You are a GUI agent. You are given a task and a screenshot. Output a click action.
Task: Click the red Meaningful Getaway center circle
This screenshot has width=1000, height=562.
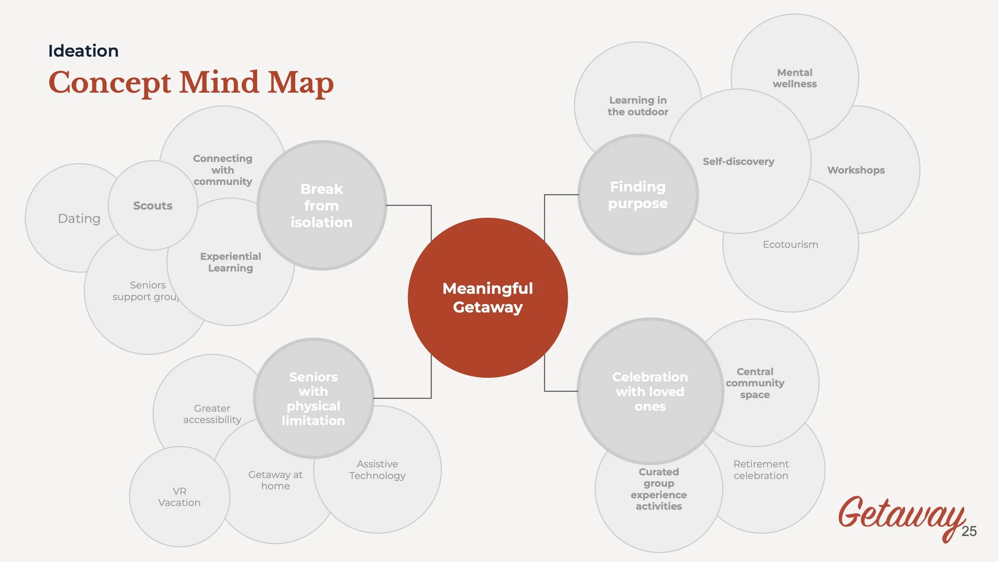pyautogui.click(x=488, y=298)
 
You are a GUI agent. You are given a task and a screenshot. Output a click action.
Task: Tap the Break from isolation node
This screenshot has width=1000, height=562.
pyautogui.click(x=322, y=205)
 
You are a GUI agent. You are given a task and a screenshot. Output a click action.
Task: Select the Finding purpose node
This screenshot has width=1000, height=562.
pyautogui.click(x=638, y=195)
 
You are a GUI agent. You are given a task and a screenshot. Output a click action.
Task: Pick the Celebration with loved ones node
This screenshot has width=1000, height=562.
pyautogui.click(x=650, y=391)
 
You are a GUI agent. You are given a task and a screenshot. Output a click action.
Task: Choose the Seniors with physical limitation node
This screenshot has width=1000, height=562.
pyautogui.click(x=313, y=399)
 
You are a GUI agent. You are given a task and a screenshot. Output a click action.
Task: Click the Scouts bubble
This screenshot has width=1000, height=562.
pyautogui.click(x=153, y=205)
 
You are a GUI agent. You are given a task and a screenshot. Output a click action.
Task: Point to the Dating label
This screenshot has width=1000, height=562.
pyautogui.click(x=79, y=219)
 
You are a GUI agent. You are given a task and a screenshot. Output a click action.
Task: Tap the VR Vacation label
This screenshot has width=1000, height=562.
pyautogui.click(x=179, y=497)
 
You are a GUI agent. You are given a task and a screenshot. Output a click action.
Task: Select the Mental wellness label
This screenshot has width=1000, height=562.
pyautogui.click(x=794, y=78)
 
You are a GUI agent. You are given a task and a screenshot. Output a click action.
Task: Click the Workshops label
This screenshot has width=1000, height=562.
pyautogui.click(x=856, y=170)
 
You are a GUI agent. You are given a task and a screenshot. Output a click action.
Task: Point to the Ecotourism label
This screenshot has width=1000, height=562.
pyautogui.click(x=790, y=244)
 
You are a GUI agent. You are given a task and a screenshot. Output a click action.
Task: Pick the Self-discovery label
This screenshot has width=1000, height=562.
pyautogui.click(x=738, y=161)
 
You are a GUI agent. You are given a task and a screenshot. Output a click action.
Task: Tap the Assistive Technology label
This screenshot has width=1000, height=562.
pyautogui.click(x=377, y=470)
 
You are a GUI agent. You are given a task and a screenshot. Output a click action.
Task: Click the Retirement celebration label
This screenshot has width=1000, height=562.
pyautogui.click(x=761, y=470)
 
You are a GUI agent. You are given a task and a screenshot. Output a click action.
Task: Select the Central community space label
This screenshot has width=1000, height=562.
pyautogui.click(x=755, y=383)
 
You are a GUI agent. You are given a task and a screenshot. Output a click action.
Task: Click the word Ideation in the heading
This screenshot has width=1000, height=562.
pyautogui.click(x=83, y=51)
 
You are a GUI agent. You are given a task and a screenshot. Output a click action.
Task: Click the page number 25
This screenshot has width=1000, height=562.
pyautogui.click(x=969, y=531)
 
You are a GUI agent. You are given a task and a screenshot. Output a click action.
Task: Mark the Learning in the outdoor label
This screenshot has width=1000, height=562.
pyautogui.click(x=638, y=106)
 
